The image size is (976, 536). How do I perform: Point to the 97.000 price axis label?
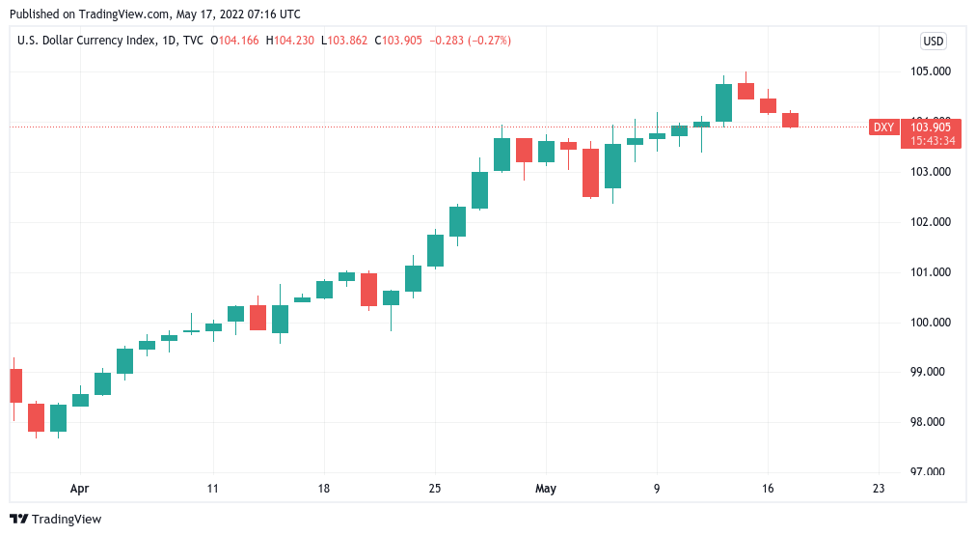[930, 472]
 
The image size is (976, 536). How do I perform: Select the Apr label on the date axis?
[80, 489]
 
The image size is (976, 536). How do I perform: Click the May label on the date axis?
[547, 489]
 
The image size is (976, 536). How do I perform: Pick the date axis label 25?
[435, 489]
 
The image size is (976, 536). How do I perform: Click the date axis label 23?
[879, 489]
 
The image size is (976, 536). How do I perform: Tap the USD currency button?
[933, 41]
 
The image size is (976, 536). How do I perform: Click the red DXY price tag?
[883, 127]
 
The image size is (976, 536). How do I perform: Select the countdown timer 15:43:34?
[932, 141]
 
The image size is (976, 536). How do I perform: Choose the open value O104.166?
[234, 41]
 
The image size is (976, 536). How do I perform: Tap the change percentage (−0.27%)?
[491, 41]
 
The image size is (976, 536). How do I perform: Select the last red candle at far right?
[790, 120]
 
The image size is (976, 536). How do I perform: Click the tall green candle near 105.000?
[723, 102]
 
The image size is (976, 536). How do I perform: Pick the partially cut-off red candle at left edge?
[15, 385]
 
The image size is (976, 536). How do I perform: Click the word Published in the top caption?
[36, 14]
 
